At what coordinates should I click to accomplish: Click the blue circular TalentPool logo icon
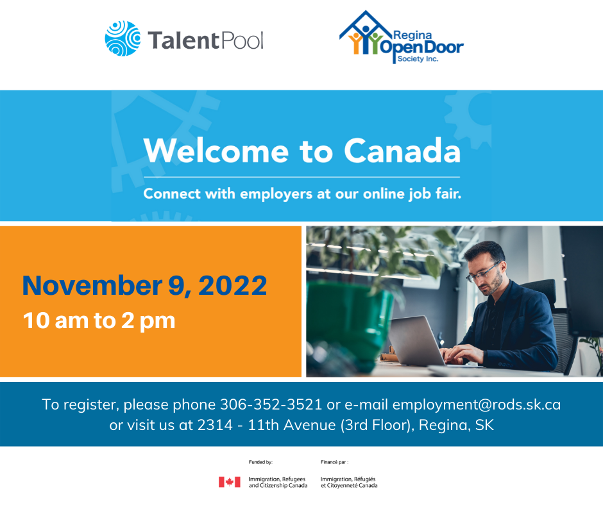(123, 38)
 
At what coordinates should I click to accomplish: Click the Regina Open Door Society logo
(401, 37)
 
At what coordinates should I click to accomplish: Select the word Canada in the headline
(402, 151)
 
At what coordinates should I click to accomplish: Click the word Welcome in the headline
(216, 151)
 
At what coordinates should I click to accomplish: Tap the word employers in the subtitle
(276, 194)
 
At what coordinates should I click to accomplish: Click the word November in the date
(92, 286)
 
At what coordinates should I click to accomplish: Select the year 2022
(232, 286)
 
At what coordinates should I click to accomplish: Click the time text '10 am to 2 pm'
(99, 320)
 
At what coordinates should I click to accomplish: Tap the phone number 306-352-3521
(271, 404)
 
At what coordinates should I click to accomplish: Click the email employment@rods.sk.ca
(476, 404)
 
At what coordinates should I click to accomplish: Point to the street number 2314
(215, 425)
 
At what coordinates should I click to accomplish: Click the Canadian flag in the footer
(230, 482)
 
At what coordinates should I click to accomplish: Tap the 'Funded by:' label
(260, 462)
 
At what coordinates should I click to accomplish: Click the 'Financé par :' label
(334, 462)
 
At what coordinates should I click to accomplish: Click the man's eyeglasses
(482, 272)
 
